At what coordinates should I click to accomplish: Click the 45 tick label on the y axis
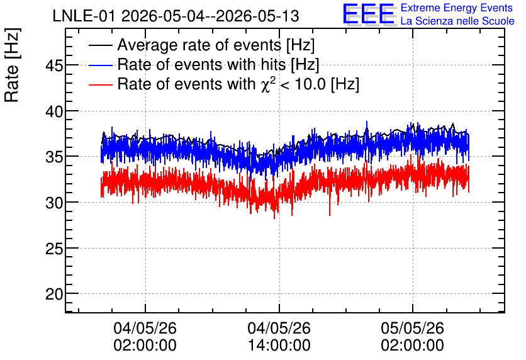point(54,65)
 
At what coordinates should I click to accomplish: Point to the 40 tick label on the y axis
point(54,111)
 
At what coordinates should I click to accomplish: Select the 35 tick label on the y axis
point(54,157)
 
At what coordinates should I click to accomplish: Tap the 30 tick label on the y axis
point(54,203)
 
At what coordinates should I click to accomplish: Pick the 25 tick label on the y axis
point(54,249)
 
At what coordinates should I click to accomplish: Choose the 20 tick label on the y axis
point(54,295)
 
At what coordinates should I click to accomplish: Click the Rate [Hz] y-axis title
point(13,65)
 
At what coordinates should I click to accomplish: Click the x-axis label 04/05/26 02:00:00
point(145,337)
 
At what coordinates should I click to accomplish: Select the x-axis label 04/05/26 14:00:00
point(279,337)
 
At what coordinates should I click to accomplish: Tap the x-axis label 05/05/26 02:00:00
point(412,337)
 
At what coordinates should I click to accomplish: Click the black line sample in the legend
point(100,45)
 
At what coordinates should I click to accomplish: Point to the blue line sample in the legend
point(100,65)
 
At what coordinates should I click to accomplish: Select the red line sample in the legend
point(100,84)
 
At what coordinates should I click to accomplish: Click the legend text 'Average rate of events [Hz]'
point(216,45)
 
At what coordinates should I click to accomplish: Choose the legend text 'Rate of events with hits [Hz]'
point(218,65)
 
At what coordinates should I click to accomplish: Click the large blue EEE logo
point(369,14)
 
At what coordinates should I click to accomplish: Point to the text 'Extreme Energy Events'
point(457,8)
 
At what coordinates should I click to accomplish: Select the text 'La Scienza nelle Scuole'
point(457,21)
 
